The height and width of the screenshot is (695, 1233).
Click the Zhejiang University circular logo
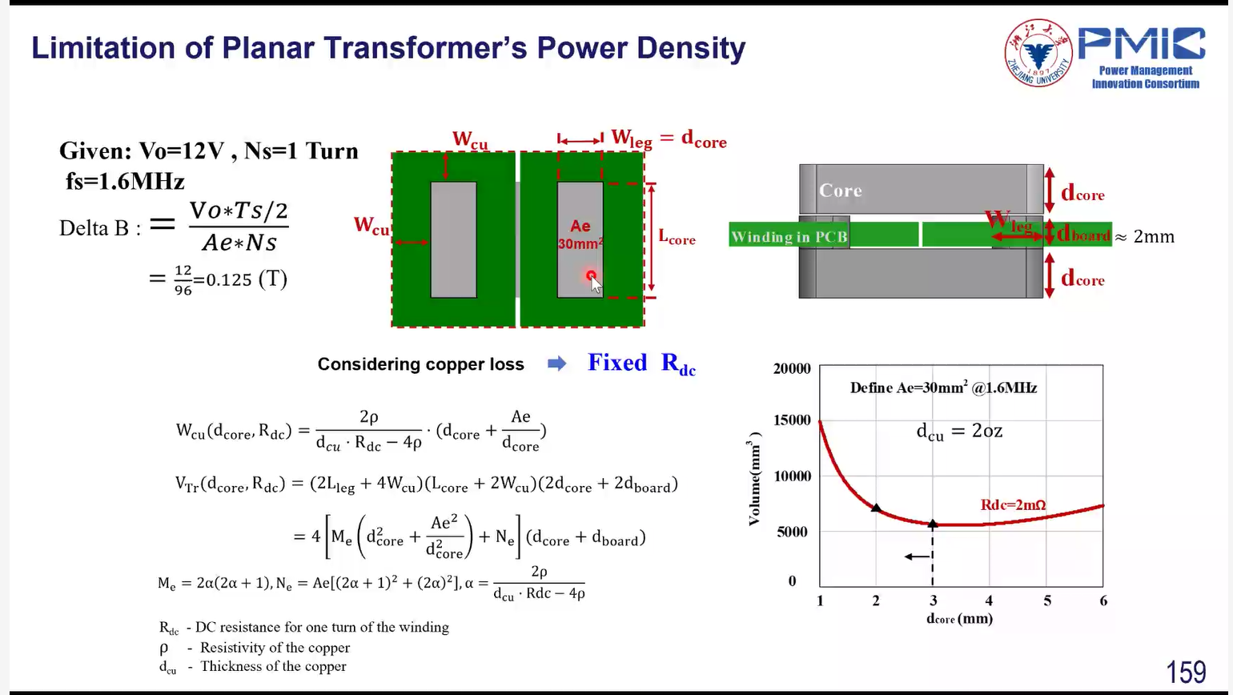coord(1038,53)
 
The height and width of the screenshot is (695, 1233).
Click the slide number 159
coord(1187,672)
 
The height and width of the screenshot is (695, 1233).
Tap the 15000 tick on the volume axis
coord(792,420)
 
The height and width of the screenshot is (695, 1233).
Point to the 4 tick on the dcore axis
coord(989,601)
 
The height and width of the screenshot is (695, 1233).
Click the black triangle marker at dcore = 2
coord(876,508)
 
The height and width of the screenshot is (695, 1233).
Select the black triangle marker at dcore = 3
coord(933,524)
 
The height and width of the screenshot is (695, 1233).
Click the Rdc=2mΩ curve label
coord(1013,504)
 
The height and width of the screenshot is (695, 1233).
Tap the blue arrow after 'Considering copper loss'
coord(557,364)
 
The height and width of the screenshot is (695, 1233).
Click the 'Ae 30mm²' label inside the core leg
coord(580,235)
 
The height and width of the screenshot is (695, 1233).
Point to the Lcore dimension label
coord(677,237)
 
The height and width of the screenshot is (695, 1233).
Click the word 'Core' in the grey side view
coord(840,191)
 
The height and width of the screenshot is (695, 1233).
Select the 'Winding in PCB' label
coord(789,237)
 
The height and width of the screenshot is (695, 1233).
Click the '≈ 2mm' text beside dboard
coord(1145,237)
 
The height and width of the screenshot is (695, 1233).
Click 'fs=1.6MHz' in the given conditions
coord(125,181)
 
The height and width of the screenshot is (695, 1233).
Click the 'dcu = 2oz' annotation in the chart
coord(959,431)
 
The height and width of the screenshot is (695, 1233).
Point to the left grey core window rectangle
coord(453,240)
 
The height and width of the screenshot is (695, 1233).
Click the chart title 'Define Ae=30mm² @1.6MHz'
coord(943,388)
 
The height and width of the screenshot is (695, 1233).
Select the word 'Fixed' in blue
coord(617,363)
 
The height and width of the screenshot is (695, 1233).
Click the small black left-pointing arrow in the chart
coord(917,556)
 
